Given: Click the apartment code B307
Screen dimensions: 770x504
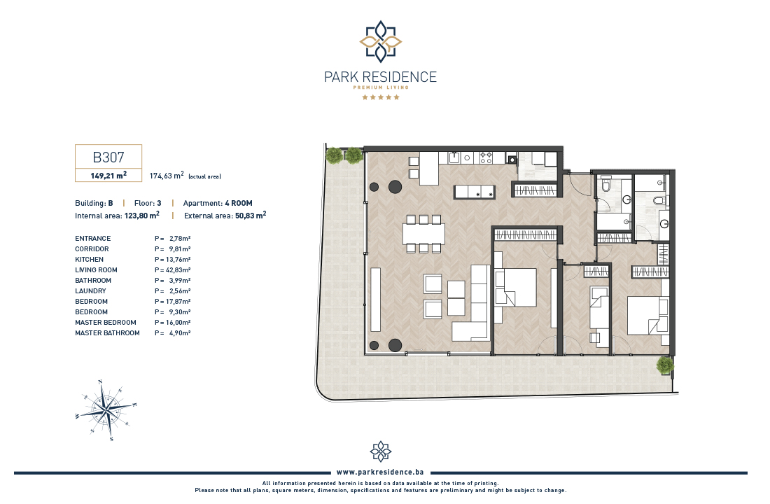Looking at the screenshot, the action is pos(108,157).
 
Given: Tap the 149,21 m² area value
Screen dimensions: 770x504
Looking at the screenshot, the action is pos(108,176).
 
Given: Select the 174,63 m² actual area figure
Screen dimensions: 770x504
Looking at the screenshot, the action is pos(167,176).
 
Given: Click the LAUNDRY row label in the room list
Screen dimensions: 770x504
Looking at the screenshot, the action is pos(90,290).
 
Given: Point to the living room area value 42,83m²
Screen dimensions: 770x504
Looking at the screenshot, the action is pos(178,269).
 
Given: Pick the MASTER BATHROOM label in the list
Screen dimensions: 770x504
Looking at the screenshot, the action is pos(107,332).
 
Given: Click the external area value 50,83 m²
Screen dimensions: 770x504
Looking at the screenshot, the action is pos(251,215).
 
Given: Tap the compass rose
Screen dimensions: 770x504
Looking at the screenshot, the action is pos(106,409).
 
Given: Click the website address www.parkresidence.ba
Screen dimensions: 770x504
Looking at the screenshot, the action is pos(380,472).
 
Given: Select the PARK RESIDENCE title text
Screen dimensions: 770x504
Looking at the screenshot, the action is pos(380,77).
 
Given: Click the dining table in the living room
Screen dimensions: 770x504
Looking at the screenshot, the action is pos(423,234).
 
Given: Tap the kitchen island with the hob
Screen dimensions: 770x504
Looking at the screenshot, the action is pos(474,192).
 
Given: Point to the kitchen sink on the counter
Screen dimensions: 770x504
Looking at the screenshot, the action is pos(454,157).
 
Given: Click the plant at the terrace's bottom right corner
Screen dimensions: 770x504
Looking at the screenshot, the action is pos(665,365).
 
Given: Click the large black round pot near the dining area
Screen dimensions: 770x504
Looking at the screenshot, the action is pos(395,186).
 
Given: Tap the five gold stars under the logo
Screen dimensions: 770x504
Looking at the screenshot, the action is pos(381,97).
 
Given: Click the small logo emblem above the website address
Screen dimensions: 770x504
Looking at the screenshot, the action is pos(381,451).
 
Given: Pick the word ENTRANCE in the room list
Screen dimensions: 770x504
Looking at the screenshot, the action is pos(93,238).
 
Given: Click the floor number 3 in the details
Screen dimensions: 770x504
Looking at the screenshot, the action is pos(159,203).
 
